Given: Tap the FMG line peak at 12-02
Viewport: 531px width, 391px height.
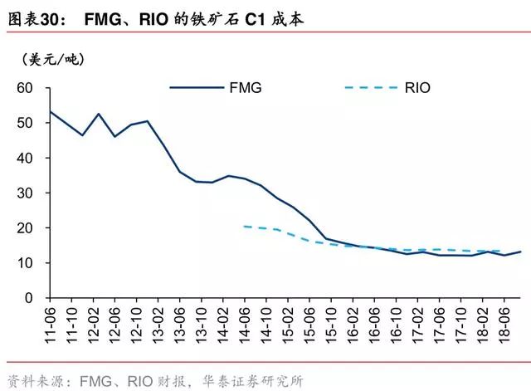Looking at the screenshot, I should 99,114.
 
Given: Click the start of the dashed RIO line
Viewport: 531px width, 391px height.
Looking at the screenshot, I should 245,226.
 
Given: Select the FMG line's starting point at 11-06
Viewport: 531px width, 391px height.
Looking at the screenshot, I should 51,111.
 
